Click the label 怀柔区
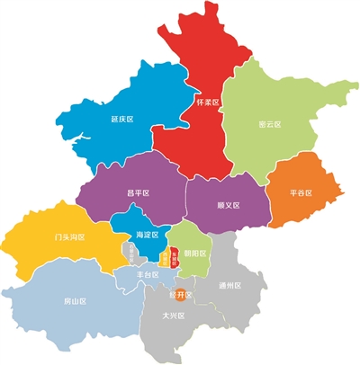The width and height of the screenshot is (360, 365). click(x=208, y=103)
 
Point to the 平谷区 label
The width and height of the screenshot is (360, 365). click(x=301, y=192)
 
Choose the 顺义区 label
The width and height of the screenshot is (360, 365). click(x=229, y=204)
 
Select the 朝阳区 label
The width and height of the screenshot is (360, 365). click(x=195, y=254)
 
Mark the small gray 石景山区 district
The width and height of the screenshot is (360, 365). click(x=131, y=254)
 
